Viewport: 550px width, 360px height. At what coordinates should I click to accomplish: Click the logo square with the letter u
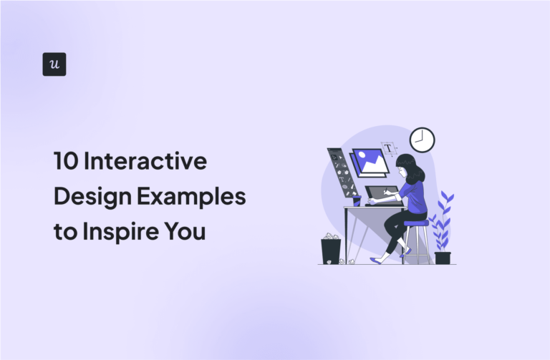click(54, 64)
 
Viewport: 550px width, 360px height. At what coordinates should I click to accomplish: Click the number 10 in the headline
click(66, 162)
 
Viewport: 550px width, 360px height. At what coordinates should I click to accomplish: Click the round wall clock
click(423, 140)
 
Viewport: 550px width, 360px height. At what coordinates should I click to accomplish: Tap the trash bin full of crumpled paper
click(331, 250)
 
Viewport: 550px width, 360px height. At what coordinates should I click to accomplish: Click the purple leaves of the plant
click(441, 218)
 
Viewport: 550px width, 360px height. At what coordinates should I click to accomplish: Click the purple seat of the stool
click(415, 223)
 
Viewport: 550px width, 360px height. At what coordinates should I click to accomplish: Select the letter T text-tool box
click(388, 149)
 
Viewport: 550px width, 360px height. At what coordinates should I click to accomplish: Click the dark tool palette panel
click(342, 172)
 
